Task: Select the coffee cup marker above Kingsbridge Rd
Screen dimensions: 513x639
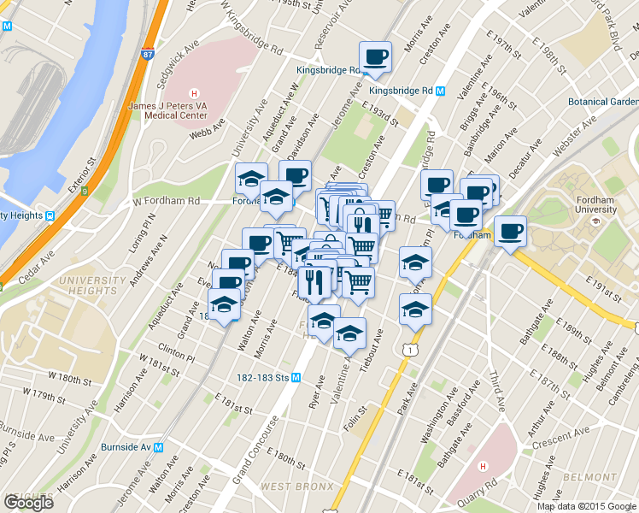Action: (x=375, y=58)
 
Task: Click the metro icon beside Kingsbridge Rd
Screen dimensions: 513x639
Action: (x=440, y=91)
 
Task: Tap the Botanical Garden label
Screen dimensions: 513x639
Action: (x=603, y=101)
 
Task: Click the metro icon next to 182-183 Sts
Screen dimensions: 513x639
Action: (x=296, y=377)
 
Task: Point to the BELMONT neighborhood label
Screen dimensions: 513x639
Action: (x=594, y=477)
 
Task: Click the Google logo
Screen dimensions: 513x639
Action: (x=27, y=503)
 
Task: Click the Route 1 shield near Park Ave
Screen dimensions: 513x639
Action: (x=413, y=350)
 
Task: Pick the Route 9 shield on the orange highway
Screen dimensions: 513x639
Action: (x=85, y=192)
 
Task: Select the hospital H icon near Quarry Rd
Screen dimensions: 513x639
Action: (x=483, y=466)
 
